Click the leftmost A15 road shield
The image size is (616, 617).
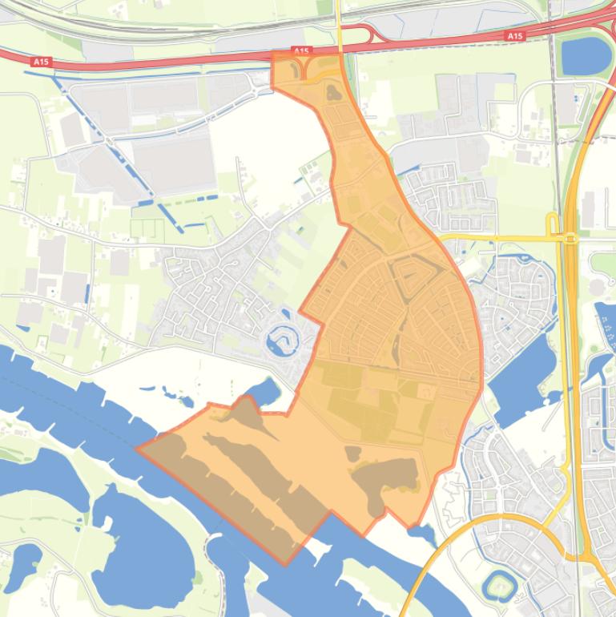41,61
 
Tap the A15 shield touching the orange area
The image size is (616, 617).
300,52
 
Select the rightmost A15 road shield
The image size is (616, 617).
514,36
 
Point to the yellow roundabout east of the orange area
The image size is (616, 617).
570,238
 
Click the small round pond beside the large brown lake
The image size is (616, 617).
353,454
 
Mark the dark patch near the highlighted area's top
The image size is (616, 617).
332,93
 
